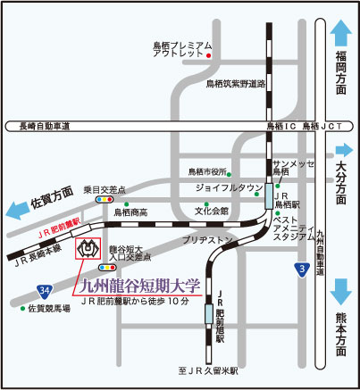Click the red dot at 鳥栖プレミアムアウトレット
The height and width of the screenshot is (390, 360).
tap(208, 56)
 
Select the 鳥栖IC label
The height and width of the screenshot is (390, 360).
tap(280, 127)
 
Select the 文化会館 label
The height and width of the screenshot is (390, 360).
tap(212, 211)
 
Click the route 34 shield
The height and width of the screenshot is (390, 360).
tap(44, 290)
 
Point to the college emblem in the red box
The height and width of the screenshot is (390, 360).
tap(90, 249)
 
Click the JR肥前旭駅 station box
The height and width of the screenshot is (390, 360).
tap(208, 313)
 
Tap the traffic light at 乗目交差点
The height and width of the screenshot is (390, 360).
tap(105, 200)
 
